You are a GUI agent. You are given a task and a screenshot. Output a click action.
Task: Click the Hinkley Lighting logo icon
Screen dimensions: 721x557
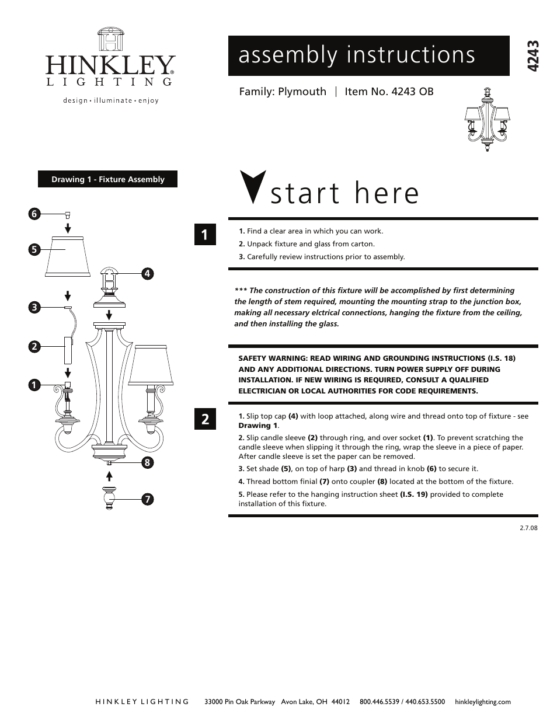(x=110, y=40)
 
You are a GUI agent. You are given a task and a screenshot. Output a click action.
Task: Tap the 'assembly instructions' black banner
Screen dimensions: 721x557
(x=368, y=55)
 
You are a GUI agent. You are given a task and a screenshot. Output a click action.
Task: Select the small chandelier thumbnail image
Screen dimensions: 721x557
(x=487, y=120)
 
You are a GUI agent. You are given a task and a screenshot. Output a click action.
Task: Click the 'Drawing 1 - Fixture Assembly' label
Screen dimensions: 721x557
(x=107, y=179)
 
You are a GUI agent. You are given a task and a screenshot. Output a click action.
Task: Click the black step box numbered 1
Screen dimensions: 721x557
(x=205, y=235)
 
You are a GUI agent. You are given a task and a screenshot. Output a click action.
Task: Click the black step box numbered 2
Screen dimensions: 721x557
(x=205, y=419)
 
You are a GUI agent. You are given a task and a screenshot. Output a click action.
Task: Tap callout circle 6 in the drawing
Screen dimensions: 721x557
(x=34, y=214)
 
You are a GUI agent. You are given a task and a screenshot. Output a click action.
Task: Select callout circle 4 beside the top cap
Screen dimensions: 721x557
(x=147, y=273)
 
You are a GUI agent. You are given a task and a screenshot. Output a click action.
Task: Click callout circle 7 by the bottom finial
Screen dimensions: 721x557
(x=147, y=499)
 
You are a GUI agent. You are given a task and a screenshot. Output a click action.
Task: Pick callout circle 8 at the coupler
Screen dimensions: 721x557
(x=147, y=463)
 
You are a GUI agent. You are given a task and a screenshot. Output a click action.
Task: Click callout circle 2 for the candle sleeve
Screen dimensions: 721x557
(x=34, y=347)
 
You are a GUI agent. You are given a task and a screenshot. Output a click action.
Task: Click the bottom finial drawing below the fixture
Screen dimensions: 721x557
(x=109, y=497)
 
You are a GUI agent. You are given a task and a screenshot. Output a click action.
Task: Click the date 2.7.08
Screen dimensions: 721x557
(x=528, y=527)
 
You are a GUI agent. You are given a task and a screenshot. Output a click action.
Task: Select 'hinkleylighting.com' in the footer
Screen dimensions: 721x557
(x=482, y=702)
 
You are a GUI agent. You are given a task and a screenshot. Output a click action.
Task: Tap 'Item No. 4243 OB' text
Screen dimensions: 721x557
(x=389, y=92)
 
